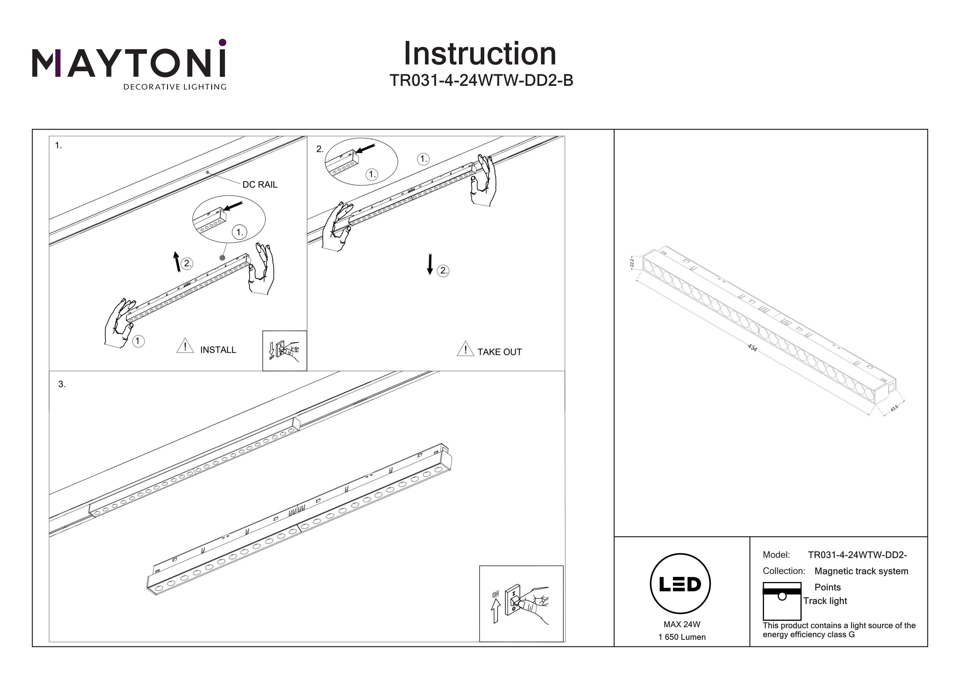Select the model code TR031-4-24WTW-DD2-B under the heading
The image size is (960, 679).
[481, 80]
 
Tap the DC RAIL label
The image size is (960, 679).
[260, 184]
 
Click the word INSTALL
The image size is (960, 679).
[218, 350]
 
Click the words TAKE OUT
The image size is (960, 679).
[499, 352]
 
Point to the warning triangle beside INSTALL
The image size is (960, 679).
[185, 346]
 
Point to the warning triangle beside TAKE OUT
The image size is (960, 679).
[465, 349]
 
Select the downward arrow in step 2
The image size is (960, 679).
[429, 264]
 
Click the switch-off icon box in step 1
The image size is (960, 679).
[284, 351]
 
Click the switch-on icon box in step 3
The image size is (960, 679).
[521, 603]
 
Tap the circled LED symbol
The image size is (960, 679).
[680, 584]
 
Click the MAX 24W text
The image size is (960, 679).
[682, 624]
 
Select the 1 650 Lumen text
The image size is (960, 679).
[682, 637]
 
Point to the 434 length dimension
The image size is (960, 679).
[752, 348]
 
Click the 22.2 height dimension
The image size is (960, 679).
[632, 263]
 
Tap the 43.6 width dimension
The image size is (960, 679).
[894, 408]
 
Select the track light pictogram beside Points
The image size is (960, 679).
[781, 601]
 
